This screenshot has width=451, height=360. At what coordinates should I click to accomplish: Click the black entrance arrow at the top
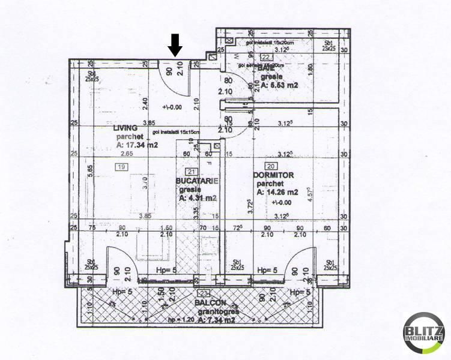tap(175, 45)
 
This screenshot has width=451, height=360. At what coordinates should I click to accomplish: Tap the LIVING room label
tap(126, 128)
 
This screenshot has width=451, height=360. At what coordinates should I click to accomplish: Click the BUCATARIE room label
tap(197, 180)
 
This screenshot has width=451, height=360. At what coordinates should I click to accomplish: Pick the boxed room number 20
tap(271, 166)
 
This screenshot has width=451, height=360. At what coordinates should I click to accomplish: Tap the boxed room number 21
tap(191, 171)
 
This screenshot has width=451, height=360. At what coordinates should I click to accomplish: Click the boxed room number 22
tap(265, 58)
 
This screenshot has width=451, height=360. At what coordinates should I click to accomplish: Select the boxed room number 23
tap(204, 293)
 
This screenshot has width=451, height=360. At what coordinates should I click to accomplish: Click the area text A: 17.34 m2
tap(138, 145)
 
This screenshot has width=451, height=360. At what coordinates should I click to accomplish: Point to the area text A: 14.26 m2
tap(277, 193)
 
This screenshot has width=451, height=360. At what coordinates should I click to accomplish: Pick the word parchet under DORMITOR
tap(268, 184)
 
